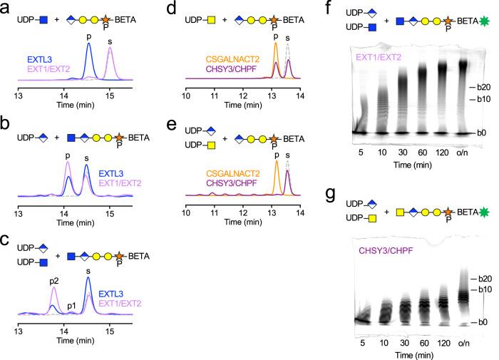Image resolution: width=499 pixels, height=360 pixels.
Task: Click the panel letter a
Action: [x=6, y=9]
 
